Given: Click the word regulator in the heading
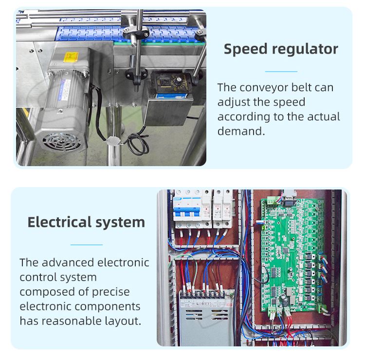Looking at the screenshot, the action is click(x=305, y=49).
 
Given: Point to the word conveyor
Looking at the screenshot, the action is click(x=263, y=88).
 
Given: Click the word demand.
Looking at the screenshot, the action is click(x=241, y=131).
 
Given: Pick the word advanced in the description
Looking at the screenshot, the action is click(x=68, y=263).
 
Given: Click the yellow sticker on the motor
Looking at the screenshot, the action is click(x=71, y=57).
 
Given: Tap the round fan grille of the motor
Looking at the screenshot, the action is click(x=62, y=142).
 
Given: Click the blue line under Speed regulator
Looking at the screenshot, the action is click(x=281, y=71).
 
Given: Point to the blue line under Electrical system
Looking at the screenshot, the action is click(x=87, y=245).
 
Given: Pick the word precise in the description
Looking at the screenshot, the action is click(x=111, y=292).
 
